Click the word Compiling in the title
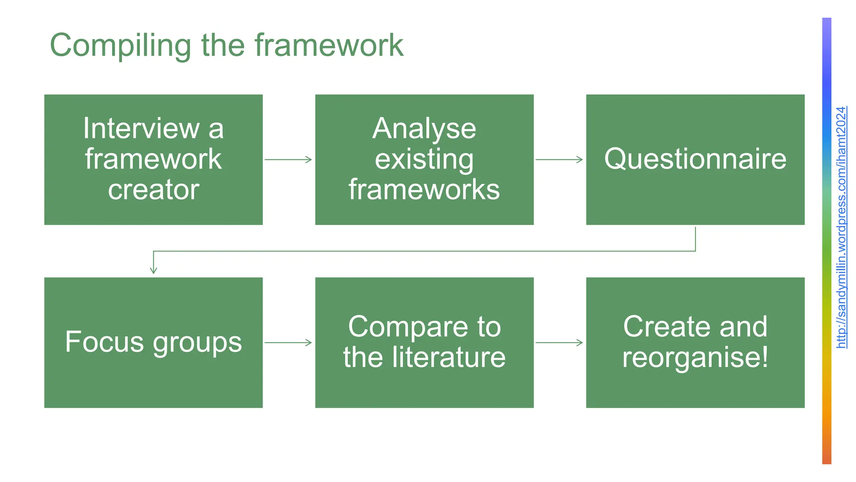pos(120,45)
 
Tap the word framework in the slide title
pos(329,45)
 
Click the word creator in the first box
pos(153,190)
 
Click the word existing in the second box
pos(424,159)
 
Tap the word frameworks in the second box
pos(424,190)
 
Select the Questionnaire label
pos(695,159)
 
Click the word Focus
pos(104,342)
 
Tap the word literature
pos(448,357)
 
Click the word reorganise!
pos(695,358)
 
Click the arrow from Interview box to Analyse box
pos(288,159)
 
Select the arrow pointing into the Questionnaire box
pos(559,159)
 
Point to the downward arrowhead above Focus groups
pos(153,270)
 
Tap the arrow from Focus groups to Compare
pos(288,343)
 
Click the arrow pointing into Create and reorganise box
pos(559,343)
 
